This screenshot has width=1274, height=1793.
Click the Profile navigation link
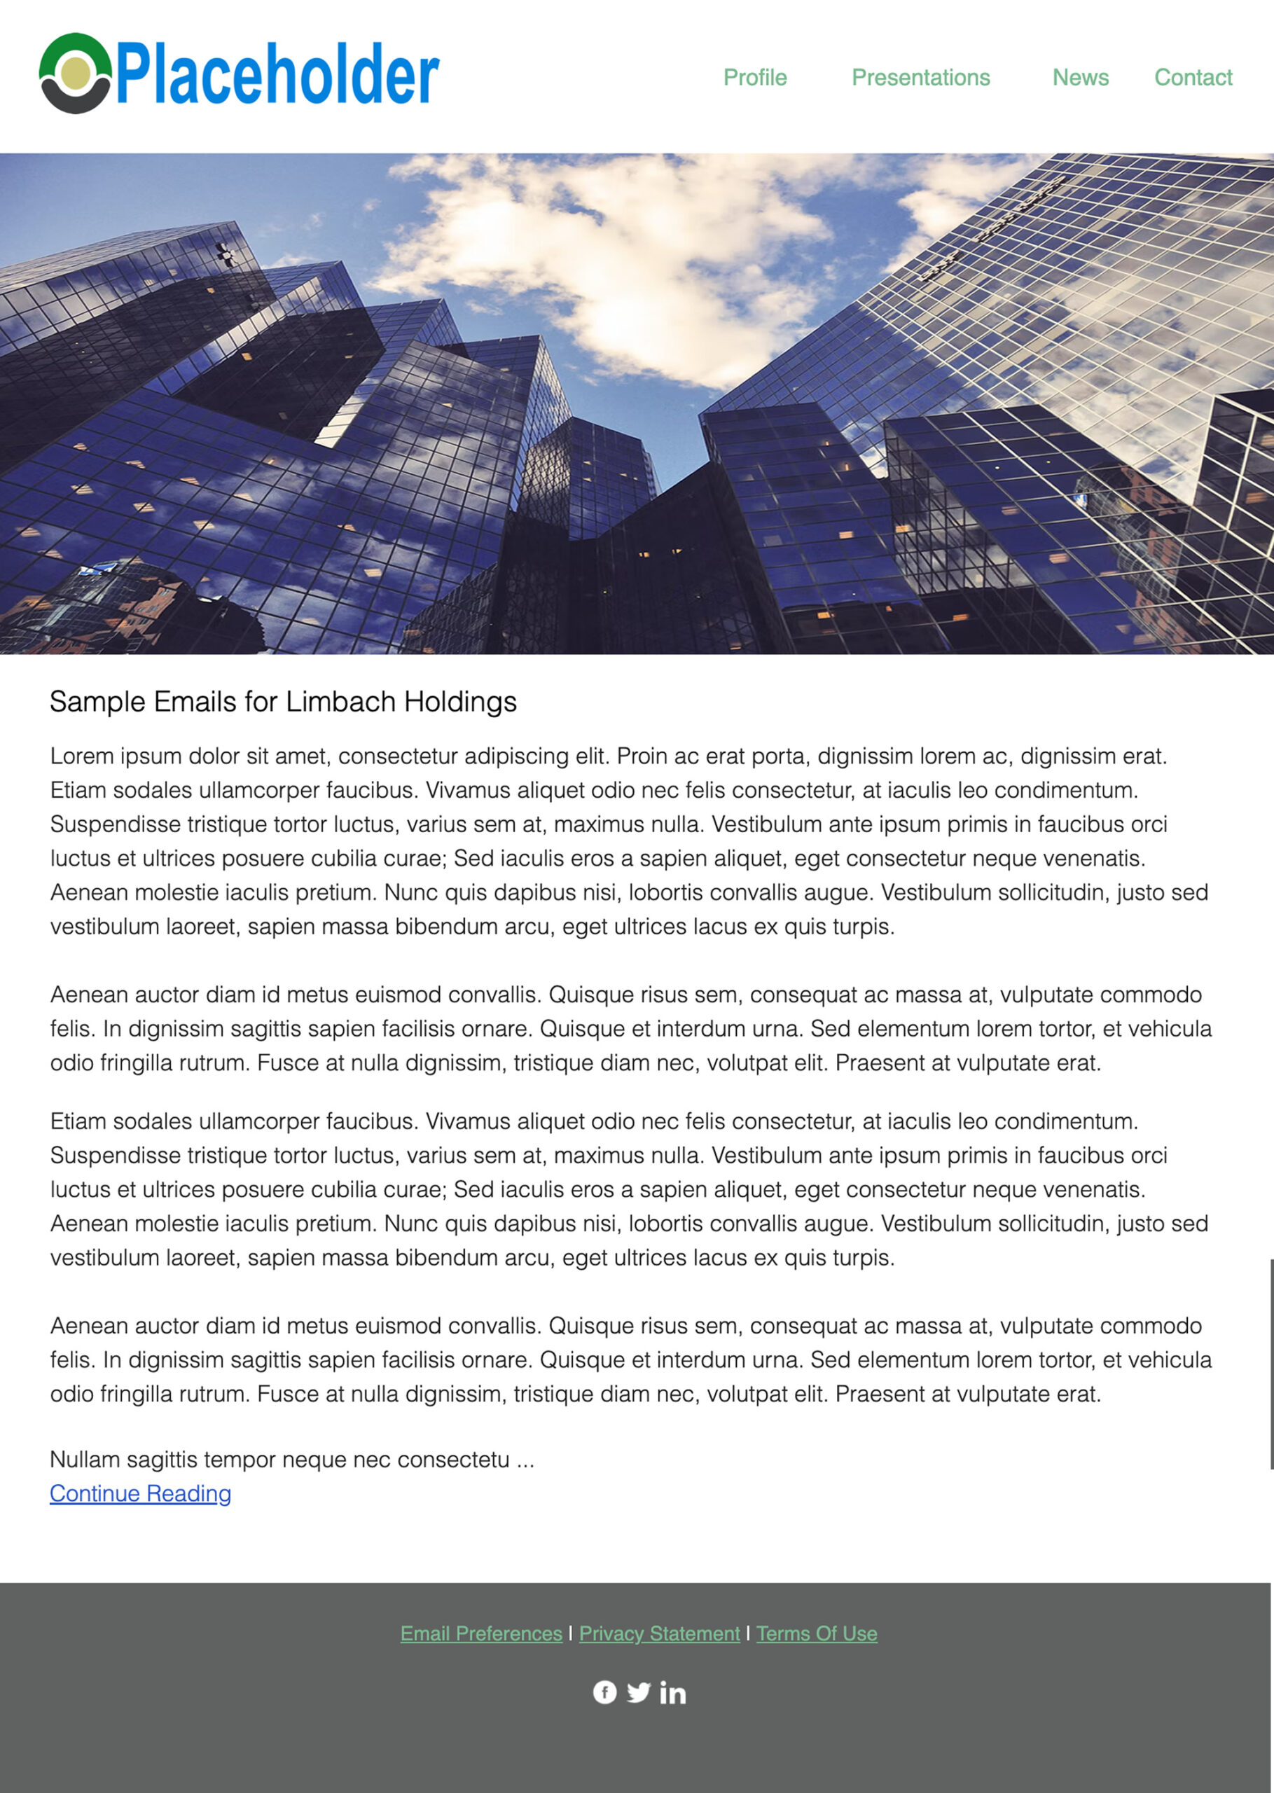(755, 78)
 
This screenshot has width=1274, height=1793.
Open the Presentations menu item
(920, 78)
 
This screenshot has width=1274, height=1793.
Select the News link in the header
(1080, 78)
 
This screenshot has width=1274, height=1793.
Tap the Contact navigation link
(1193, 78)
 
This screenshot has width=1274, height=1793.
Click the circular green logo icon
(76, 74)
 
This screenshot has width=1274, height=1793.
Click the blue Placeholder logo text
(278, 74)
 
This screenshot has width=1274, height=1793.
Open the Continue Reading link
(140, 1493)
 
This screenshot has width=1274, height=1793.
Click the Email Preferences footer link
(481, 1633)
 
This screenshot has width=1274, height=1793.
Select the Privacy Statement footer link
(659, 1633)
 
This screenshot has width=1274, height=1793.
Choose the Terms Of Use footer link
(817, 1633)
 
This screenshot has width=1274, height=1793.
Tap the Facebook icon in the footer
(604, 1692)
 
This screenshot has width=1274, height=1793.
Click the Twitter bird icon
(639, 1692)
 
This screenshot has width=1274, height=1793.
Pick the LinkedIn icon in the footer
(672, 1693)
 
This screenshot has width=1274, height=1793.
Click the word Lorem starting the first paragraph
(73, 756)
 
